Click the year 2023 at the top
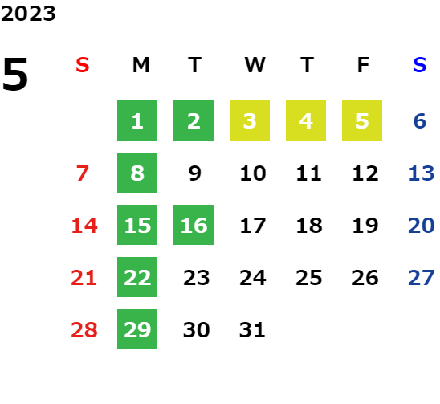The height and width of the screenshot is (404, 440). pyautogui.click(x=28, y=14)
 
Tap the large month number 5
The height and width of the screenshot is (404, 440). pyautogui.click(x=15, y=74)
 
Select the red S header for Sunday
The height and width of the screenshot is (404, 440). pyautogui.click(x=82, y=65)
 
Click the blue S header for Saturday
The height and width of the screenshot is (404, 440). pyautogui.click(x=419, y=65)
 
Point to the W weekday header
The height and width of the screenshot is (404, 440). pyautogui.click(x=255, y=65)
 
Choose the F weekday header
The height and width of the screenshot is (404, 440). pyautogui.click(x=363, y=65)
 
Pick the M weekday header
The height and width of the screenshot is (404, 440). pyautogui.click(x=141, y=65)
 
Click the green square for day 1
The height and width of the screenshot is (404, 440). pyautogui.click(x=137, y=120)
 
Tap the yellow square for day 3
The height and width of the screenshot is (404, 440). pyautogui.click(x=250, y=120)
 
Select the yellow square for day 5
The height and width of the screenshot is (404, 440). pyautogui.click(x=362, y=120)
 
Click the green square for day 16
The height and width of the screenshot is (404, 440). pyautogui.click(x=194, y=225)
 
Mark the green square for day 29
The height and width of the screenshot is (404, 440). pyautogui.click(x=137, y=329)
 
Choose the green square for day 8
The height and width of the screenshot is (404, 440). pyautogui.click(x=137, y=173)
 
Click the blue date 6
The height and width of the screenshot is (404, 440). pyautogui.click(x=420, y=121)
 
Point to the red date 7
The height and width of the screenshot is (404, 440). pyautogui.click(x=83, y=173)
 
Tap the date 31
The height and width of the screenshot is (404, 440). pyautogui.click(x=252, y=330)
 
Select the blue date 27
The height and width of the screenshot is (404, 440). pyautogui.click(x=422, y=278)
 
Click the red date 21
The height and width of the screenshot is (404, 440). pyautogui.click(x=84, y=278)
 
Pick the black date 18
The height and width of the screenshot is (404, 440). pyautogui.click(x=309, y=226)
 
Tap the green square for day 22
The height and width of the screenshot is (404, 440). pyautogui.click(x=137, y=277)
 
